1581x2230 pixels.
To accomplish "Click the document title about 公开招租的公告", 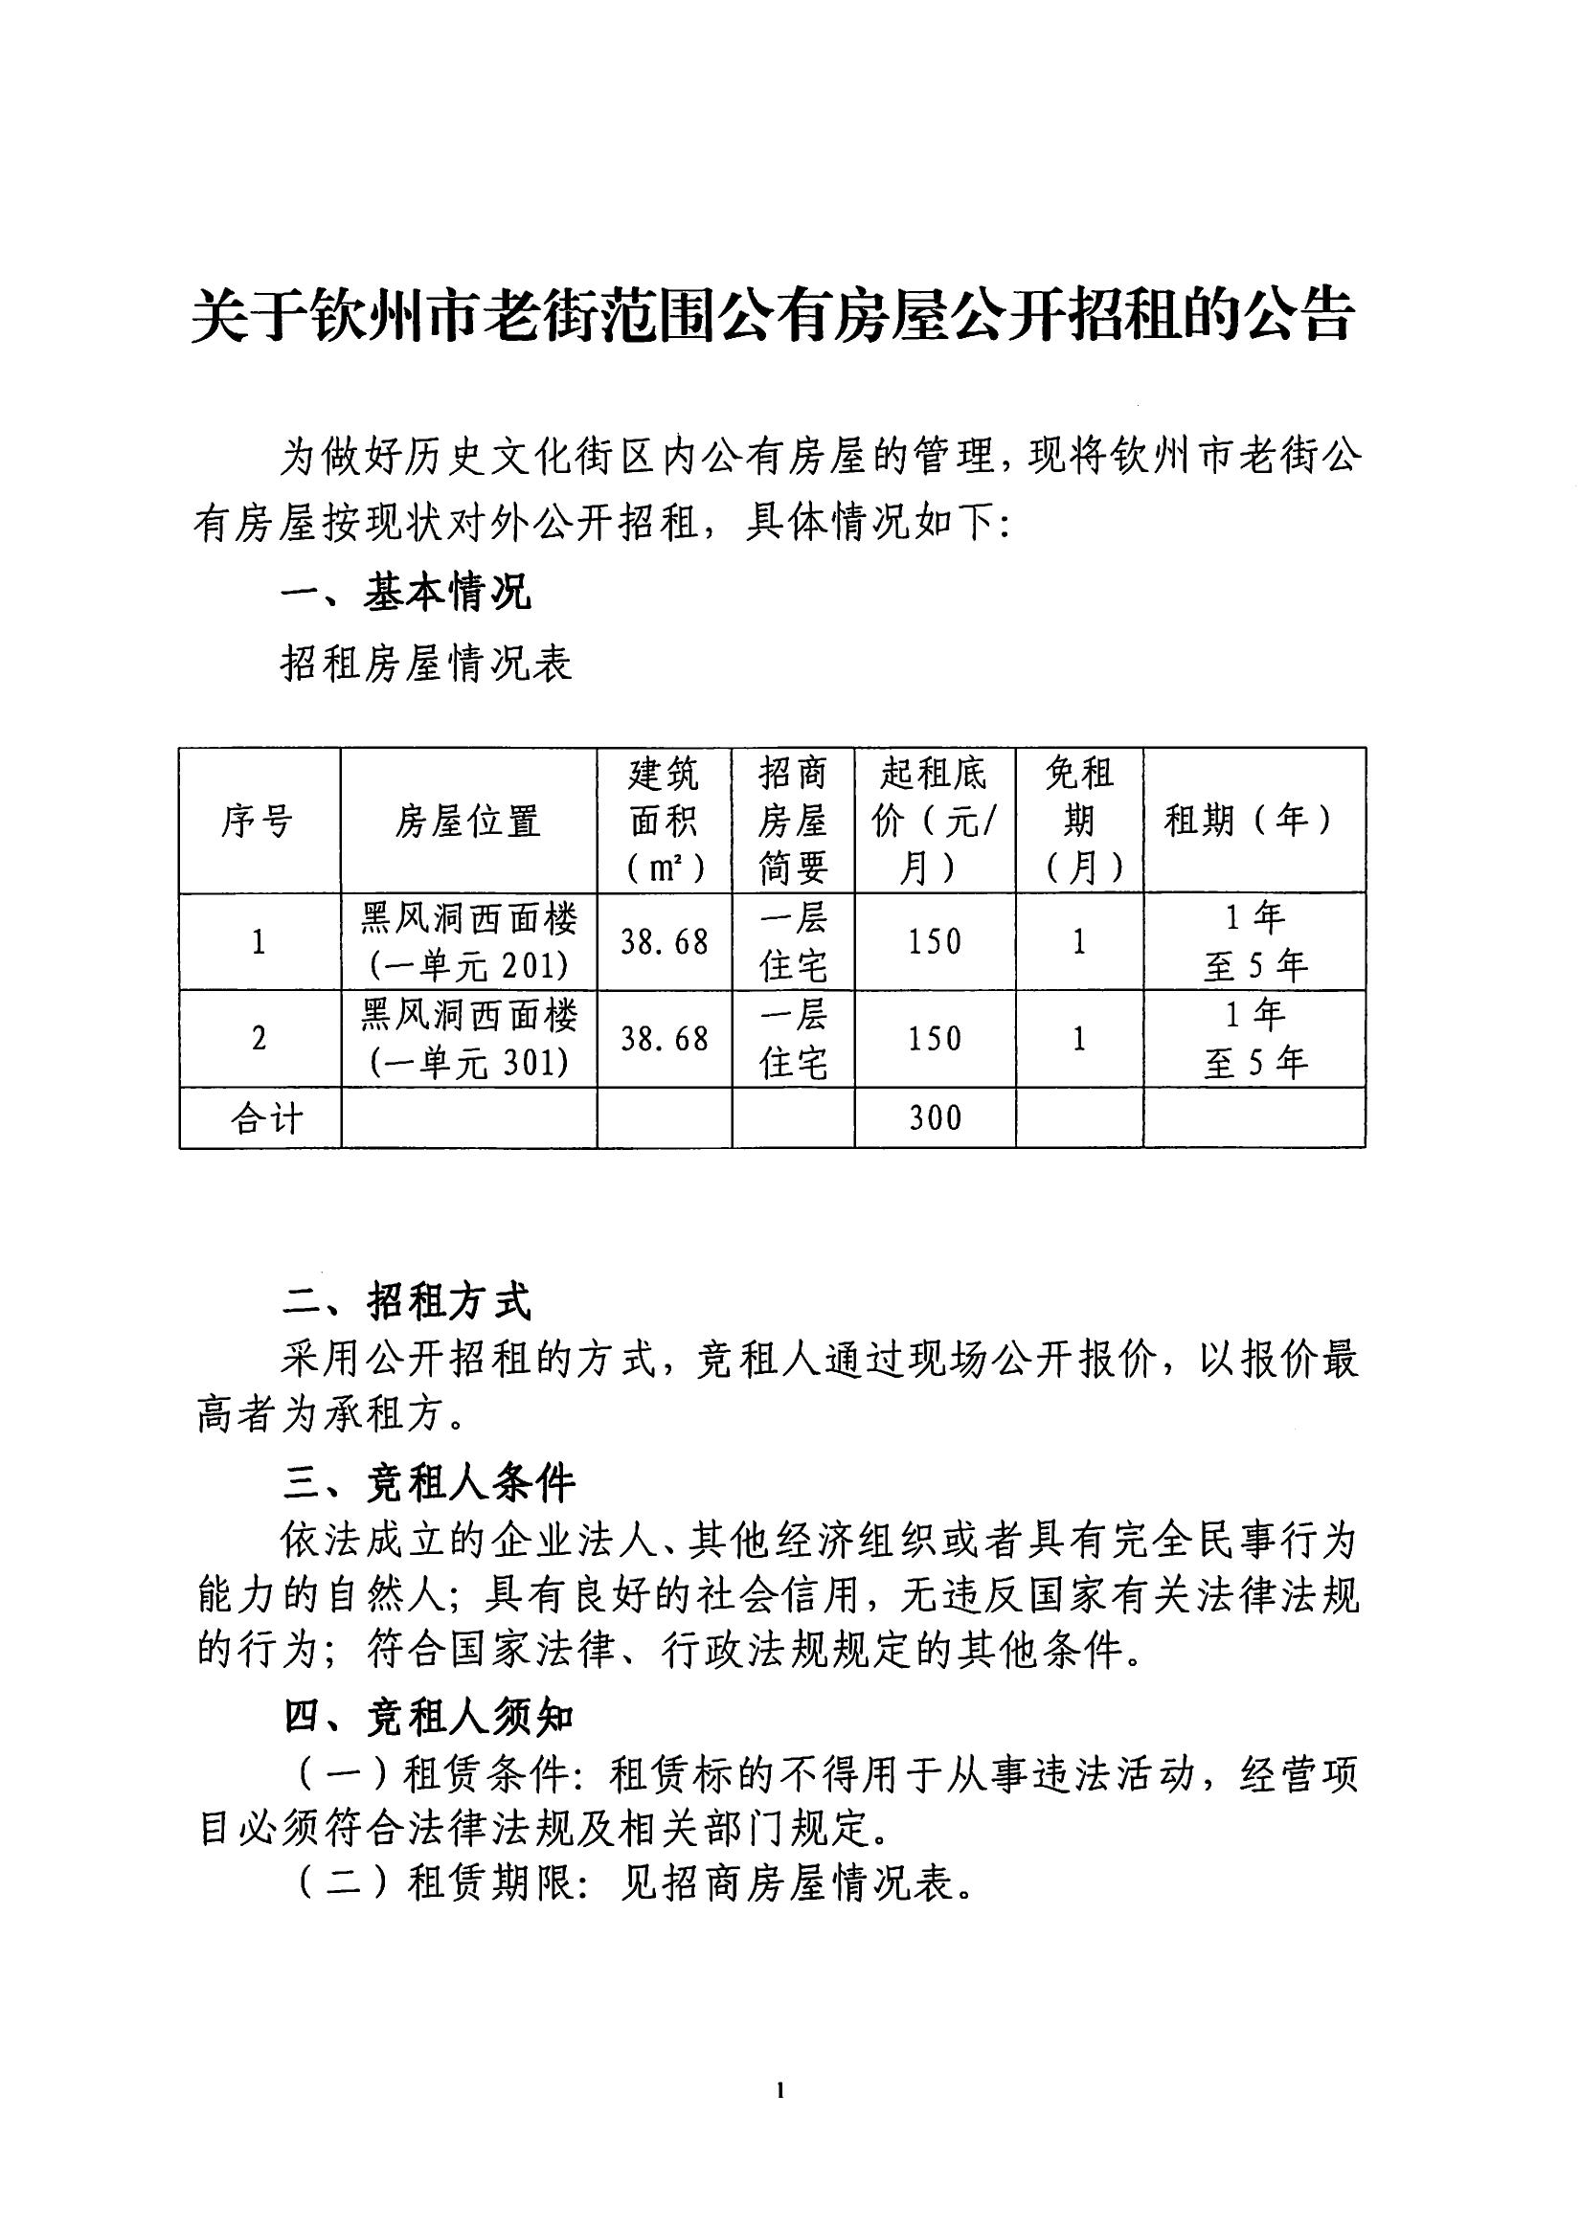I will pyautogui.click(x=772, y=314).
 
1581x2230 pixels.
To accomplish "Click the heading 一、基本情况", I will pyautogui.click(x=406, y=592).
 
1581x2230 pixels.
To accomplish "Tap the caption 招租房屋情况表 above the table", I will pyautogui.click(x=425, y=664).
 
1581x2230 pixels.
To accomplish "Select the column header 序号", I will pyautogui.click(x=259, y=822).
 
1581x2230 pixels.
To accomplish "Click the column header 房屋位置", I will pyautogui.click(x=468, y=822).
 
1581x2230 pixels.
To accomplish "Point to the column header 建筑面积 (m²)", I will pyautogui.click(x=664, y=821).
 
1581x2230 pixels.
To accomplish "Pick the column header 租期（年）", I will pyautogui.click(x=1253, y=821).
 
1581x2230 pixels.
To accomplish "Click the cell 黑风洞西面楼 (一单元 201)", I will pyautogui.click(x=468, y=941).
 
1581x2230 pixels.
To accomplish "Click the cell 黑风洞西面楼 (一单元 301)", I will pyautogui.click(x=468, y=1039).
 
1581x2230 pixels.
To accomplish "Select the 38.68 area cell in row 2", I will pyautogui.click(x=664, y=1039).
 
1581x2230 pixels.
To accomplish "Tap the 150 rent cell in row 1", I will pyautogui.click(x=935, y=941).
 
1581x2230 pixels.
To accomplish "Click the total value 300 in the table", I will pyautogui.click(x=935, y=1117).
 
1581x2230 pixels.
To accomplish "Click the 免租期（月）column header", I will pyautogui.click(x=1078, y=821).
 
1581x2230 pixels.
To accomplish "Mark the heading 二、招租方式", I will pyautogui.click(x=407, y=1301).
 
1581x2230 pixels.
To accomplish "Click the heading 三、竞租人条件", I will pyautogui.click(x=429, y=1482).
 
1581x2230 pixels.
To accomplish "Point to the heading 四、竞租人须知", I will pyautogui.click(x=429, y=1718).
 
